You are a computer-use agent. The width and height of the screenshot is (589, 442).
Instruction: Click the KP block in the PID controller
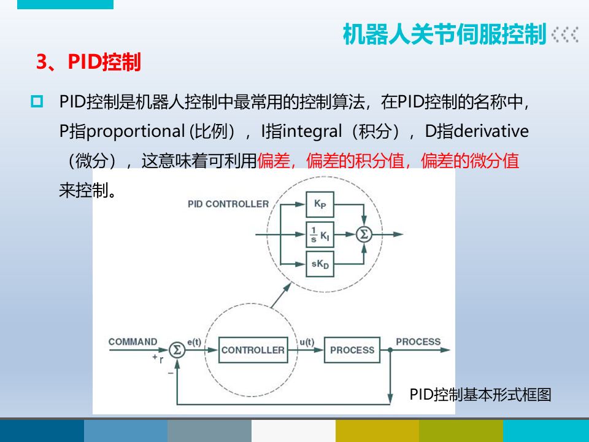319,204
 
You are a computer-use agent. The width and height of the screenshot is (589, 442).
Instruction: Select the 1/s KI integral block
319,235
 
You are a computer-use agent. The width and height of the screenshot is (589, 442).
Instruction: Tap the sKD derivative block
319,264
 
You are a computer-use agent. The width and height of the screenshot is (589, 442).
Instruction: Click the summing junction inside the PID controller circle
364,234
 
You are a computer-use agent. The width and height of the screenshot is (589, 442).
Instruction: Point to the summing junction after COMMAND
177,350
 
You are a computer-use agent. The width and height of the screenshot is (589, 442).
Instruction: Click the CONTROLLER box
253,350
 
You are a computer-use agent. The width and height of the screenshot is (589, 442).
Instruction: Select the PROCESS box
352,350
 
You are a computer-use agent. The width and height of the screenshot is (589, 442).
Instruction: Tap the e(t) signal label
194,342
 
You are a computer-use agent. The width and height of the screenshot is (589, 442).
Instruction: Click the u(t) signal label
306,342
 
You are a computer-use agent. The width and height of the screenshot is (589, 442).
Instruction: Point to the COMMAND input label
133,342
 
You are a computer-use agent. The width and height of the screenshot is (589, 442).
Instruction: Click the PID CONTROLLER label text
228,204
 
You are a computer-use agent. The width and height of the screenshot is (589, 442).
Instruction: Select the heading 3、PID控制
89,63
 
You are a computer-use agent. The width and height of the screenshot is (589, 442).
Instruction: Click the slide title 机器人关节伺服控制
444,35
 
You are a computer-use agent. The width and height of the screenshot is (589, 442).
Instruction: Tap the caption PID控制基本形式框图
480,395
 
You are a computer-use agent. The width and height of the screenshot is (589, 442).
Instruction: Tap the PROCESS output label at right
418,342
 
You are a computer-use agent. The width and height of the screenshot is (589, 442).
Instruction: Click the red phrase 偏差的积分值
357,161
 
